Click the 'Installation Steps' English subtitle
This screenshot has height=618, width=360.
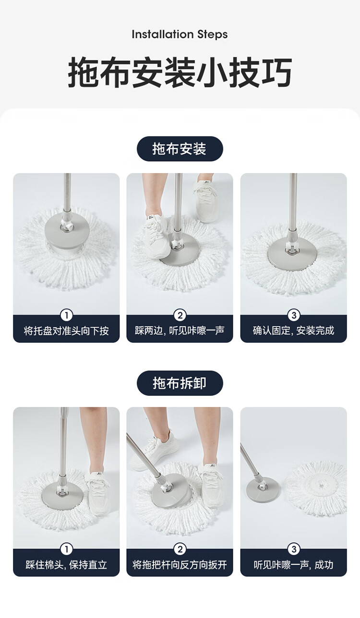[180, 35]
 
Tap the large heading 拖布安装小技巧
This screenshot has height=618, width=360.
[180, 73]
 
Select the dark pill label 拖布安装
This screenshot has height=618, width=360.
[180, 149]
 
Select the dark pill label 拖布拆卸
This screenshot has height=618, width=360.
[180, 383]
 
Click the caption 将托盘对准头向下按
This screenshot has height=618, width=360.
[66, 331]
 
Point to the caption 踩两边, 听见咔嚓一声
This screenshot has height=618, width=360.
[180, 331]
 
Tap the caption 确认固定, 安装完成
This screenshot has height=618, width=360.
[293, 331]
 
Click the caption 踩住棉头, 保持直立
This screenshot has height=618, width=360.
[66, 565]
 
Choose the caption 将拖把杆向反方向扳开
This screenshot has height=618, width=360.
[180, 565]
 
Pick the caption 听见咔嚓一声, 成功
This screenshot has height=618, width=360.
[293, 565]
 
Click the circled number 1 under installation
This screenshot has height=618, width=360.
[66, 315]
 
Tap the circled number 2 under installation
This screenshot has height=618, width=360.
[180, 315]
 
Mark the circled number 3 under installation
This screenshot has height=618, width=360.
[293, 315]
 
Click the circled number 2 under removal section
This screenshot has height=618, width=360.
[180, 549]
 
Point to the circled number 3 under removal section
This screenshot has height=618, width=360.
[293, 549]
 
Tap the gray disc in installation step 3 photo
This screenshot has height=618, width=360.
[294, 254]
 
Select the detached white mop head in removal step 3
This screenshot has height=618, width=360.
[317, 487]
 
